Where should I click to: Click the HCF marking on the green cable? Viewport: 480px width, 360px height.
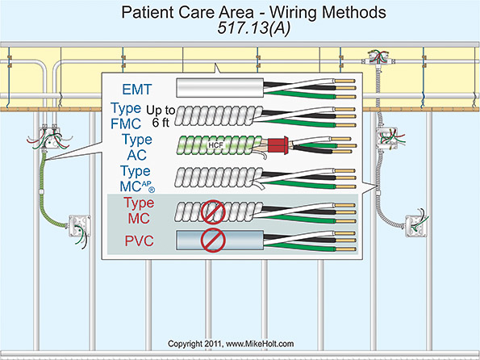pyautogui.click(x=215, y=145)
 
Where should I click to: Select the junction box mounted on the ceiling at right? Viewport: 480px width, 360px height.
pyautogui.click(x=377, y=57)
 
